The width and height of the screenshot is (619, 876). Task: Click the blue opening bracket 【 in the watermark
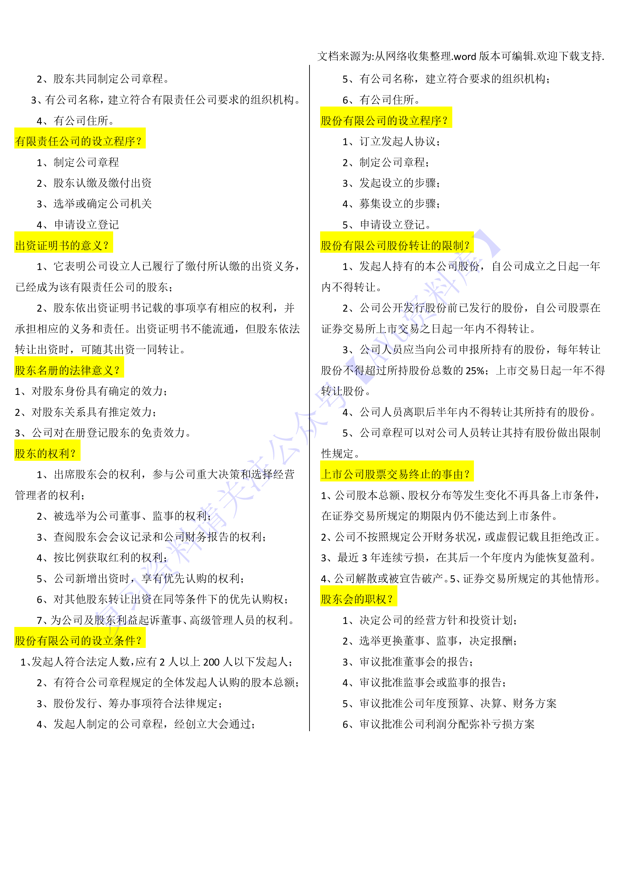coord(360,370)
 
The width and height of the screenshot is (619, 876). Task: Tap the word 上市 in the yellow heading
coord(332,474)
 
